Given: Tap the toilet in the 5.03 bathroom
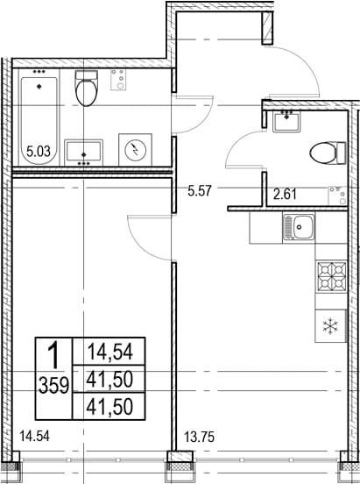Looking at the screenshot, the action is [x=87, y=89].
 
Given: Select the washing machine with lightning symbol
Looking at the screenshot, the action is [x=136, y=150].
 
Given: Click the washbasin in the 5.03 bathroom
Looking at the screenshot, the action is [x=83, y=153].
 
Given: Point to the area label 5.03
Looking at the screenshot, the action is [x=39, y=152].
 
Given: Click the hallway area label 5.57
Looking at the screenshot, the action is [x=200, y=191].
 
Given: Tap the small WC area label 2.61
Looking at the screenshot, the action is [x=285, y=195].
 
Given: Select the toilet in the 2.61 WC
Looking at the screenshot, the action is [x=328, y=153].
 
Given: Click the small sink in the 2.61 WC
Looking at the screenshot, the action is [x=287, y=121].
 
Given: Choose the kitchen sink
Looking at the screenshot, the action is [x=299, y=227].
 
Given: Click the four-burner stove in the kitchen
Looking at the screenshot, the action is [x=332, y=276].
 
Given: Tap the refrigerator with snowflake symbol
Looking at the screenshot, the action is [x=331, y=326].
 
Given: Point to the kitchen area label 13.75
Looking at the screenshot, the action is [x=199, y=437].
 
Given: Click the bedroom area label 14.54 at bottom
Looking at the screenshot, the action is [x=34, y=437].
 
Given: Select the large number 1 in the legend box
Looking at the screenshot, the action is [x=54, y=356].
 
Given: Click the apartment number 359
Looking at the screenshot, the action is [x=54, y=386].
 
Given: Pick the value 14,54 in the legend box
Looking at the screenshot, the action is [x=110, y=352].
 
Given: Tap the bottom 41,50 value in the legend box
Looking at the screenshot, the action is [x=109, y=406].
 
